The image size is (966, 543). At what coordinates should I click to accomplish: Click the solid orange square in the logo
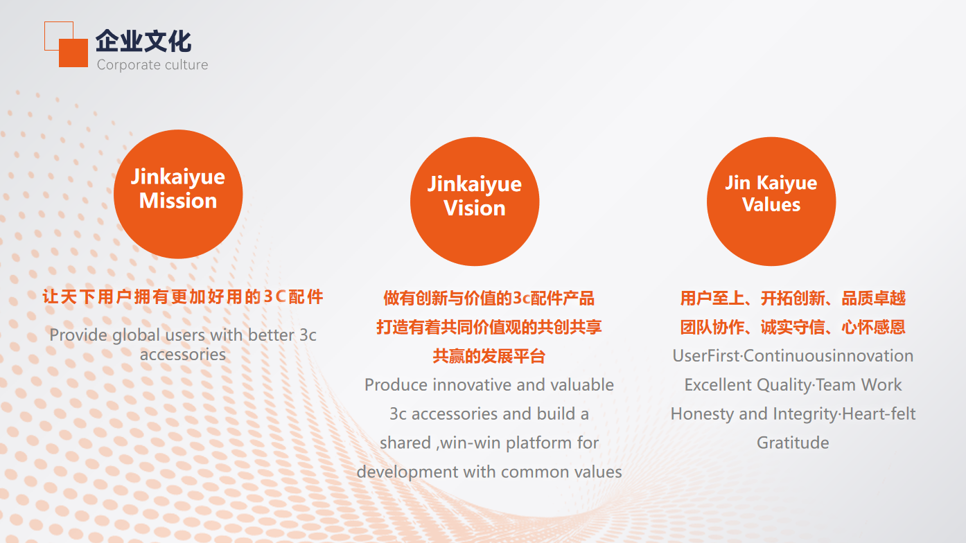(73, 53)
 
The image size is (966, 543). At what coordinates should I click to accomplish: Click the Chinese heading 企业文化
(143, 42)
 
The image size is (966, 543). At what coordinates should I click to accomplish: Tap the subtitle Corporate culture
(152, 64)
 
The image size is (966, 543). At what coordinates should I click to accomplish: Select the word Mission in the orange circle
(178, 201)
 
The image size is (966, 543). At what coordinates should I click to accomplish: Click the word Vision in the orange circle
(475, 208)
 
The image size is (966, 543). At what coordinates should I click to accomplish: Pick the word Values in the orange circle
(771, 204)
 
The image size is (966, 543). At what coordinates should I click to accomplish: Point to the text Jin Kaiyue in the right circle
(771, 183)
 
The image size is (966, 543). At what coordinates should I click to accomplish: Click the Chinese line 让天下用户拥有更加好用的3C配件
(183, 297)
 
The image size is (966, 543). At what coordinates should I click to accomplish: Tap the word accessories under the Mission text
(183, 355)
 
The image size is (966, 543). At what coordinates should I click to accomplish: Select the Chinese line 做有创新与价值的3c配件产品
(489, 299)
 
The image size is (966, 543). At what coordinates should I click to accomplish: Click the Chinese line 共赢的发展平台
(489, 357)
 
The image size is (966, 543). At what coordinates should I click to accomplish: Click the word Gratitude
(793, 443)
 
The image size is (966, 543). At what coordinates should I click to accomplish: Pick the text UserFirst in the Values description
(706, 356)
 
